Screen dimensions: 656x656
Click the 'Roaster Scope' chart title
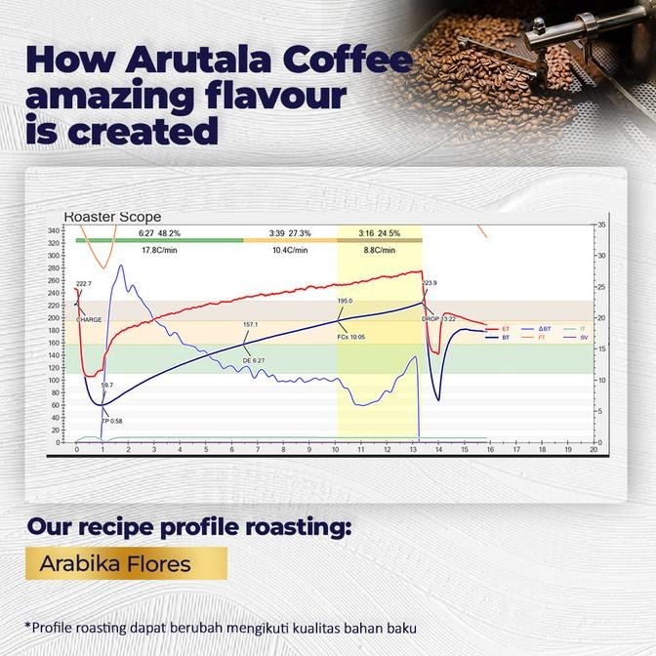112,217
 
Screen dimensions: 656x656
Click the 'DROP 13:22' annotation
438,318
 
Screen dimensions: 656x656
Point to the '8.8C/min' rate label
380,251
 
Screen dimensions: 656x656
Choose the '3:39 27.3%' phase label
289,233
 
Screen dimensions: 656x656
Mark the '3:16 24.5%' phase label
380,233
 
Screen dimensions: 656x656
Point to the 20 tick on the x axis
593,450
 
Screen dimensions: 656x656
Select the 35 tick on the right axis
602,225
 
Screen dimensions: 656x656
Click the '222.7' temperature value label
83,283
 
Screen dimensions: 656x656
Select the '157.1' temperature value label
251,324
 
